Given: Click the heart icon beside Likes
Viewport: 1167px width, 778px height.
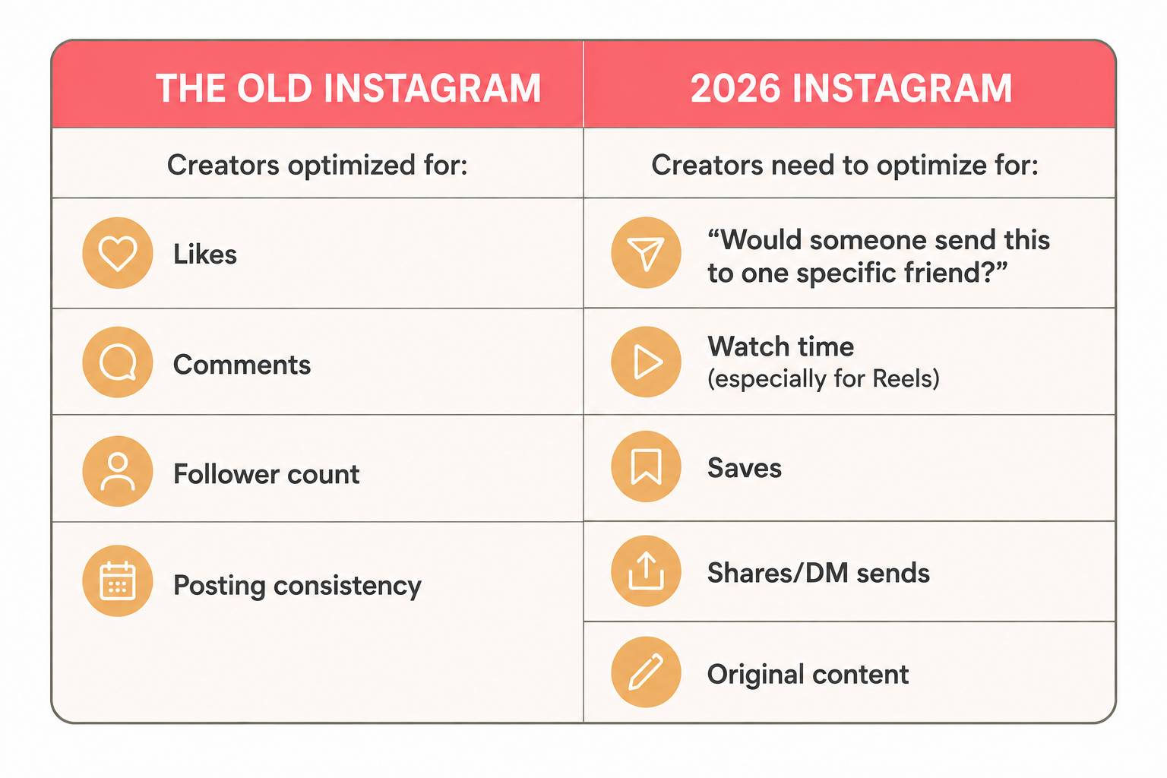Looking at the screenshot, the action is [118, 253].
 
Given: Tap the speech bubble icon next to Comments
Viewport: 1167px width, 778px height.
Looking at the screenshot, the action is [118, 362].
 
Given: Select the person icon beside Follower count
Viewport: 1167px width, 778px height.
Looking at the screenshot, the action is [118, 472].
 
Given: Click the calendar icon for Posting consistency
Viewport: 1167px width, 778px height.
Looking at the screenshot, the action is [118, 581].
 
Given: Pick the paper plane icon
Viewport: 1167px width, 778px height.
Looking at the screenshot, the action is [646, 253].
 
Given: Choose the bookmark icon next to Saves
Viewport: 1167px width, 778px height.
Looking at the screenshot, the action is [646, 466].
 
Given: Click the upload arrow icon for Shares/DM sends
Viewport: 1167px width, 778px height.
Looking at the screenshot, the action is [646, 571].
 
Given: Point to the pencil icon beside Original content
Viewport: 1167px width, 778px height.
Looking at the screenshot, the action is [646, 672].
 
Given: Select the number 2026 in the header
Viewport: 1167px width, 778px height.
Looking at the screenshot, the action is [735, 88].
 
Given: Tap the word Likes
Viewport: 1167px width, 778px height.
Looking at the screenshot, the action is [204, 255].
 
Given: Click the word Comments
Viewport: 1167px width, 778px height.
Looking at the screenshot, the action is [242, 364].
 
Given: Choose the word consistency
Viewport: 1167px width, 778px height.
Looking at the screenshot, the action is [347, 586].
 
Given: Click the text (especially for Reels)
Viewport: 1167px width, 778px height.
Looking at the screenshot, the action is [823, 379].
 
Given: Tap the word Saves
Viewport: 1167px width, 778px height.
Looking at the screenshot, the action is [745, 468].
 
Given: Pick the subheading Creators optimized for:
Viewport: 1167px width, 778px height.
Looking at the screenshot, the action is [318, 165].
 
